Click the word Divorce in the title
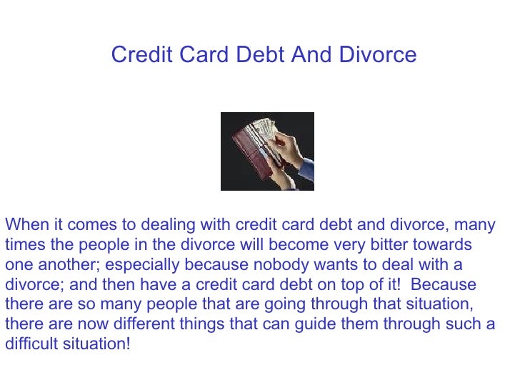point(380,55)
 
